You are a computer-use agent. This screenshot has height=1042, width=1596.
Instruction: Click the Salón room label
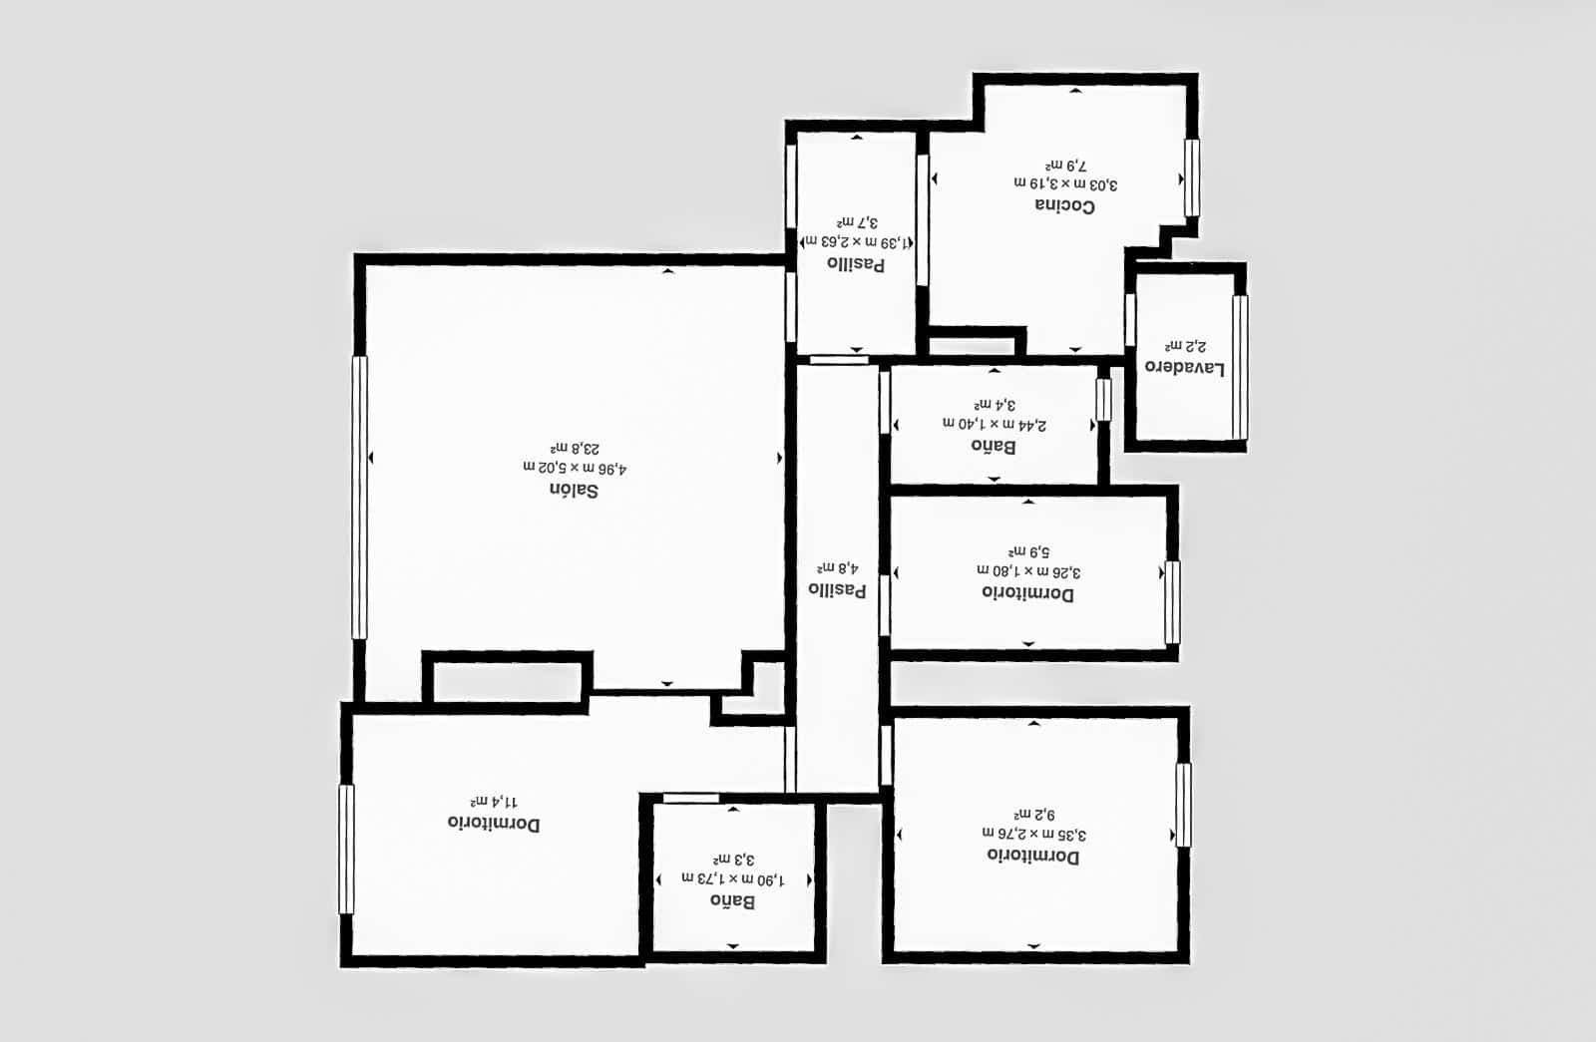tap(574, 491)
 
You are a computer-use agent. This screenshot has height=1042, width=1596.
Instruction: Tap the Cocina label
tap(1064, 205)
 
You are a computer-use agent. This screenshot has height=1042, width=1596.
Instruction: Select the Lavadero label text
tap(1185, 367)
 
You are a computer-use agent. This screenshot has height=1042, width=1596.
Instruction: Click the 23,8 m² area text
tap(575, 449)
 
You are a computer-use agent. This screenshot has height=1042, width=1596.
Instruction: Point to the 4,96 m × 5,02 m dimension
tap(575, 468)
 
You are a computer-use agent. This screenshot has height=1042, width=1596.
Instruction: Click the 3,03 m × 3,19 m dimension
tap(1065, 183)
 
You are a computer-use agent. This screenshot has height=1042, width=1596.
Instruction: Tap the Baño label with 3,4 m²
tap(994, 446)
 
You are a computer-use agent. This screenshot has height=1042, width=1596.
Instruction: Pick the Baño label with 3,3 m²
tap(732, 901)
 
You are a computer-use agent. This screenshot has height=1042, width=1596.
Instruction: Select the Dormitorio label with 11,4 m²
tap(494, 824)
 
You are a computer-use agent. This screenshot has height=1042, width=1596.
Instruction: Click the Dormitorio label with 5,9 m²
tap(1027, 593)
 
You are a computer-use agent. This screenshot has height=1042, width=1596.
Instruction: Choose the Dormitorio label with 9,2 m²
tap(1032, 857)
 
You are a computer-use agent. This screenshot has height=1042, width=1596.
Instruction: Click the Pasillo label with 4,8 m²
tap(837, 589)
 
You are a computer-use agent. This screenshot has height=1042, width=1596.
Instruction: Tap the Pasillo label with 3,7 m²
tap(856, 264)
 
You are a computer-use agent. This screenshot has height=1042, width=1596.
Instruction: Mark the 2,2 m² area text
tap(1185, 346)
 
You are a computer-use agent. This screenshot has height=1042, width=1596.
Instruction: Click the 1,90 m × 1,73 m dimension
tap(733, 879)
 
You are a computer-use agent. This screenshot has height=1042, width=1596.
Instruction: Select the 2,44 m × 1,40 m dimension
tap(995, 425)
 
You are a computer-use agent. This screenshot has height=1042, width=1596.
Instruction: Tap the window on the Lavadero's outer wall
tap(1240, 366)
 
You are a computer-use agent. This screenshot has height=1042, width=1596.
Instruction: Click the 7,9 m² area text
tap(1065, 165)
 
